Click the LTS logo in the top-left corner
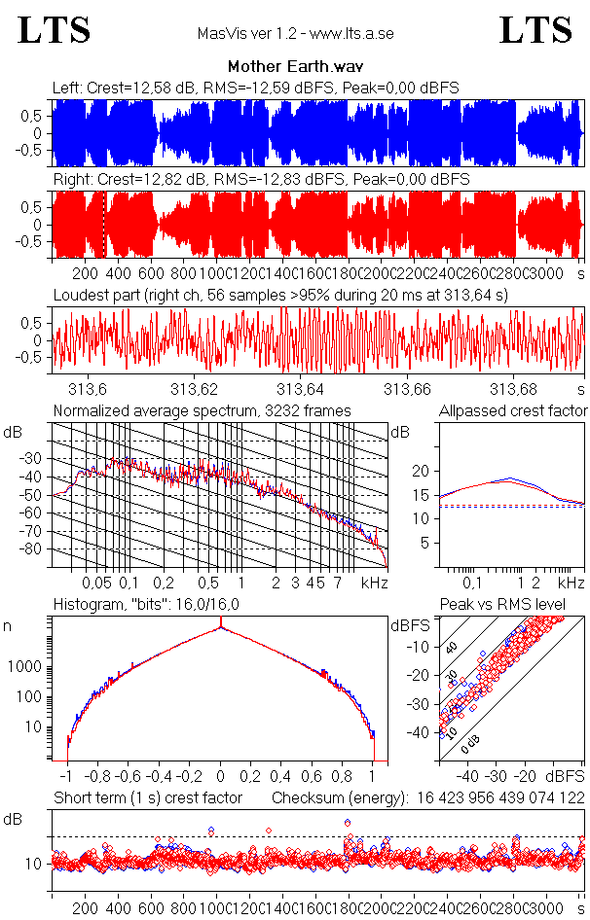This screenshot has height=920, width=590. pyautogui.click(x=55, y=30)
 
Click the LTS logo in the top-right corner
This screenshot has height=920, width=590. pyautogui.click(x=535, y=30)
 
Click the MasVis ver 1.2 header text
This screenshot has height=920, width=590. pyautogui.click(x=295, y=34)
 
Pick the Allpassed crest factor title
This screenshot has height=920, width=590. pyautogui.click(x=513, y=410)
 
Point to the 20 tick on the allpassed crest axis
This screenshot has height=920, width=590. pyautogui.click(x=421, y=471)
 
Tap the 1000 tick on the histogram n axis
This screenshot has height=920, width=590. pyautogui.click(x=27, y=668)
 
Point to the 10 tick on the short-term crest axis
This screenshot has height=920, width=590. pyautogui.click(x=32, y=864)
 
